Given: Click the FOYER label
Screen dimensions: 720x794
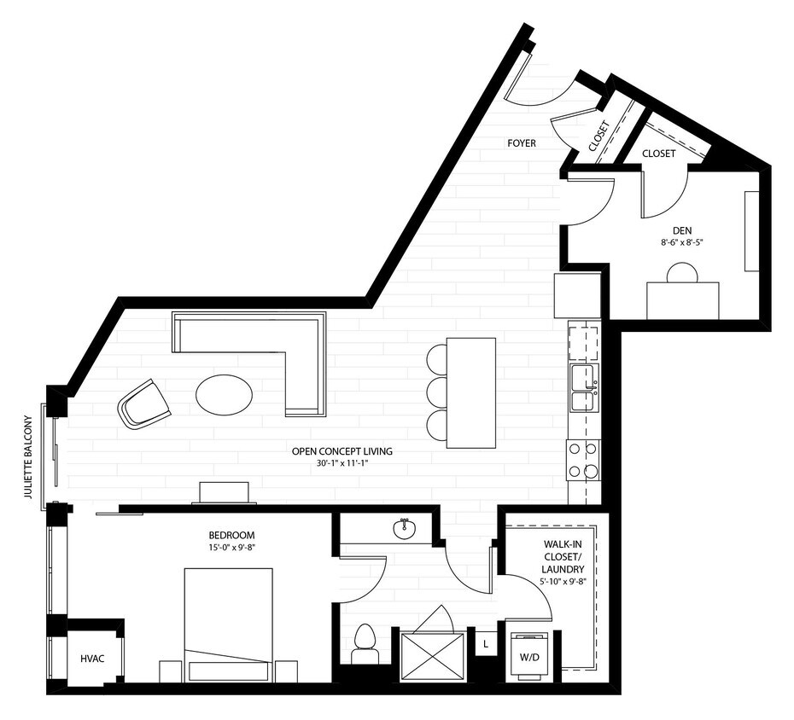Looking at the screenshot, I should click(x=521, y=143).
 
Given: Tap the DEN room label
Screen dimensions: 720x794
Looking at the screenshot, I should click(x=680, y=229).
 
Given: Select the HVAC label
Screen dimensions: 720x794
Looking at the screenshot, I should click(x=92, y=659).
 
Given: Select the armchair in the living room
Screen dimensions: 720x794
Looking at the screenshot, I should click(x=144, y=404).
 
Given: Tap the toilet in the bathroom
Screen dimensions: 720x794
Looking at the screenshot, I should click(x=365, y=644).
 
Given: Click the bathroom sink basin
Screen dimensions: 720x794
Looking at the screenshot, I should click(x=405, y=529).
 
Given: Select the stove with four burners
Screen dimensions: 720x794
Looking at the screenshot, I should click(x=583, y=460).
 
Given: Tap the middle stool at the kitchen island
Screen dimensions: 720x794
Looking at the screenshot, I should click(x=435, y=392).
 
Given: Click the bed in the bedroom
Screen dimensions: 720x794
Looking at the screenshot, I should click(x=229, y=624).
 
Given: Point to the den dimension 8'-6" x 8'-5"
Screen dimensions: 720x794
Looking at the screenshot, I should click(x=680, y=242).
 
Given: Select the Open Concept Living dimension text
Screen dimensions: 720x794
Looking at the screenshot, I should click(x=342, y=464).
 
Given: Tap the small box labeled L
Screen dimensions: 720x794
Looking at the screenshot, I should click(x=485, y=643).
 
